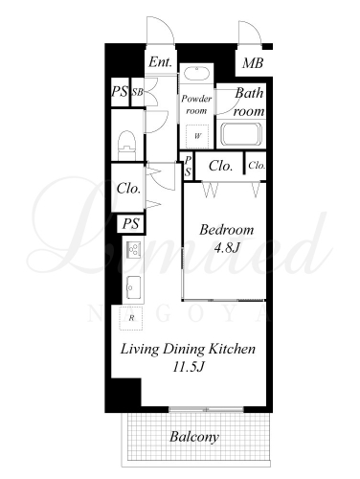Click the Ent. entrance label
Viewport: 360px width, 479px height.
click(x=161, y=61)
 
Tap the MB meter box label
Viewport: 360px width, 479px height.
click(x=253, y=63)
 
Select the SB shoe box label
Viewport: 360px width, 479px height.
click(x=138, y=92)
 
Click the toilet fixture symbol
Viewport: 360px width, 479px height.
click(x=127, y=146)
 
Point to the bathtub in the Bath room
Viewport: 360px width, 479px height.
click(x=241, y=133)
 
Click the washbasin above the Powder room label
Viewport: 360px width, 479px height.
click(x=196, y=75)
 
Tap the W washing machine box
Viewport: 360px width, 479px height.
click(x=197, y=136)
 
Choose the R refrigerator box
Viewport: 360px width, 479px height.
click(x=131, y=318)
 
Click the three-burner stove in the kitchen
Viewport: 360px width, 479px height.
click(x=134, y=249)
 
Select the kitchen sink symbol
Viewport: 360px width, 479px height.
click(x=133, y=287)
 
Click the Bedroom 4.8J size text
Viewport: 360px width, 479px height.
click(x=227, y=248)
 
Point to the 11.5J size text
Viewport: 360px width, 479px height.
click(x=189, y=367)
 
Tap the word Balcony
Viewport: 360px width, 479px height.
click(x=194, y=437)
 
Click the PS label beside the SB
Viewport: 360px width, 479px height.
click(x=120, y=92)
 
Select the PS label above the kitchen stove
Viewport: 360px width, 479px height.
click(x=131, y=223)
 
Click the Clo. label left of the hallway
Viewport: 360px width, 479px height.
click(x=129, y=188)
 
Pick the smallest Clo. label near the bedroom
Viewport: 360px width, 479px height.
click(x=257, y=165)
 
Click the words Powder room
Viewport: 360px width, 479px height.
click(x=196, y=104)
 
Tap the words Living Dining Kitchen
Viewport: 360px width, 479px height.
click(x=188, y=349)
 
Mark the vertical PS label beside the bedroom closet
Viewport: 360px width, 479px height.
click(x=188, y=167)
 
